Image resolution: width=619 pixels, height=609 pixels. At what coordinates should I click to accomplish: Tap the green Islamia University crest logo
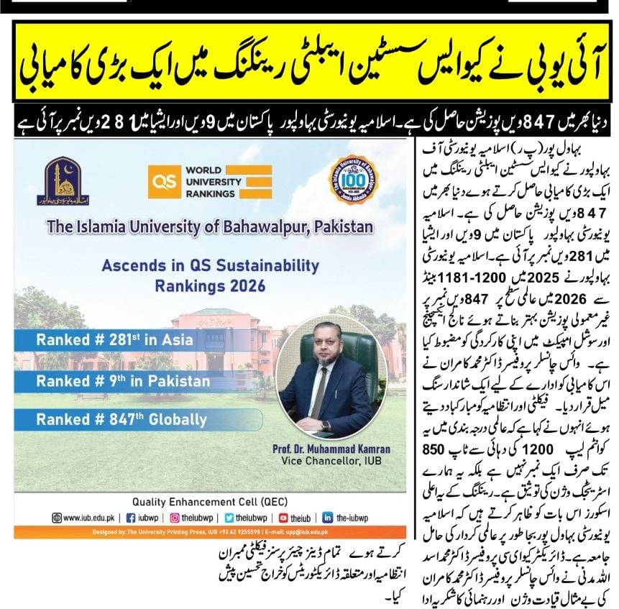[x=63, y=183]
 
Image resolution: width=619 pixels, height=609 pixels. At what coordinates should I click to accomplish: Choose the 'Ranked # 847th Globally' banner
[x=121, y=419]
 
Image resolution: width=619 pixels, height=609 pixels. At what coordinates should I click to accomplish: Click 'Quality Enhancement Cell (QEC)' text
[x=211, y=501]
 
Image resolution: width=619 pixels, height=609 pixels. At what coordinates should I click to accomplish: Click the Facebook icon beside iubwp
[x=131, y=517]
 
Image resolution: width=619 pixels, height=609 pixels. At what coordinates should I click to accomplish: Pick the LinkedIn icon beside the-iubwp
[x=328, y=517]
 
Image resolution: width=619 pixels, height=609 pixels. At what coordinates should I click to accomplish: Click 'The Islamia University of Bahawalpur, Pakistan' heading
[x=210, y=226]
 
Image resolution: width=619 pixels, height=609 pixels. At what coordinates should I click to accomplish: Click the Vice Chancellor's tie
[x=319, y=392]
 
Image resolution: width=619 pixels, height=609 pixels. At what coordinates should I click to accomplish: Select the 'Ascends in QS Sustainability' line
[x=210, y=265]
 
